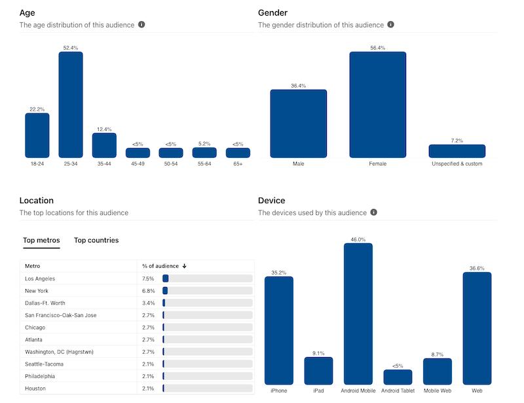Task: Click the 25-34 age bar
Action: [x=71, y=105]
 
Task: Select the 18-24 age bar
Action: [x=37, y=135]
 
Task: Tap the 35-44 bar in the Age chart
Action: [x=104, y=145]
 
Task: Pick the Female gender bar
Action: [x=377, y=105]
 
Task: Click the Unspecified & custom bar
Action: [x=457, y=151]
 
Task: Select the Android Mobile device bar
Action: [x=358, y=314]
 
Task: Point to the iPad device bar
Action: [x=318, y=371]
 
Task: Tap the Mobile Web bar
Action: [x=438, y=372]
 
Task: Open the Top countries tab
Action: [x=96, y=240]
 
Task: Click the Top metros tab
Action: [x=41, y=240]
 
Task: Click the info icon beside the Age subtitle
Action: [x=141, y=25]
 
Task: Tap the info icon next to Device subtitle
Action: [x=374, y=212]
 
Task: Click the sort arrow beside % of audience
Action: [x=185, y=266]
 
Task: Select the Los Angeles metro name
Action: [x=41, y=278]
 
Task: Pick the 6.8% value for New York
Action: [x=149, y=291]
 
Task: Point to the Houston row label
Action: [x=35, y=389]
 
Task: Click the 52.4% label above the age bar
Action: [x=71, y=48]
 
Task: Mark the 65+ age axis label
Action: [x=238, y=164]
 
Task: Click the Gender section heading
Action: [x=272, y=12]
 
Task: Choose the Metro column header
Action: [x=33, y=266]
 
